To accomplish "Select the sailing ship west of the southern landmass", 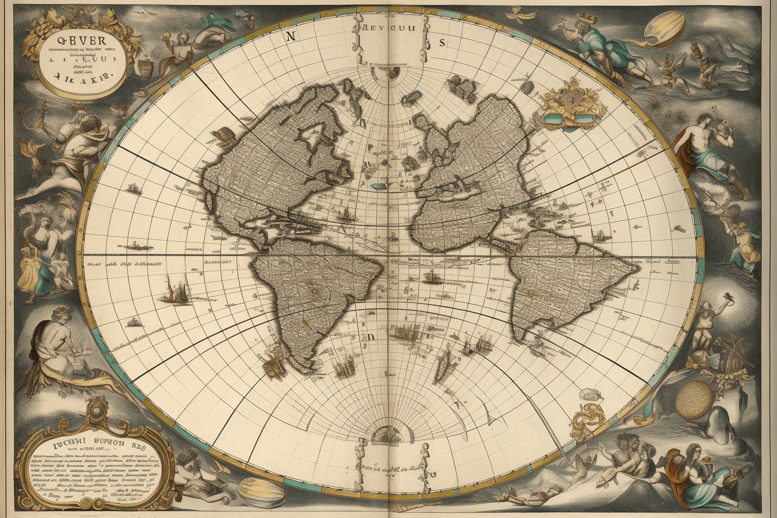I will point(175,290).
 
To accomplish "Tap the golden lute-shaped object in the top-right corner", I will point(665,29).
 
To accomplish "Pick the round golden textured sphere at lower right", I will point(694,399).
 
